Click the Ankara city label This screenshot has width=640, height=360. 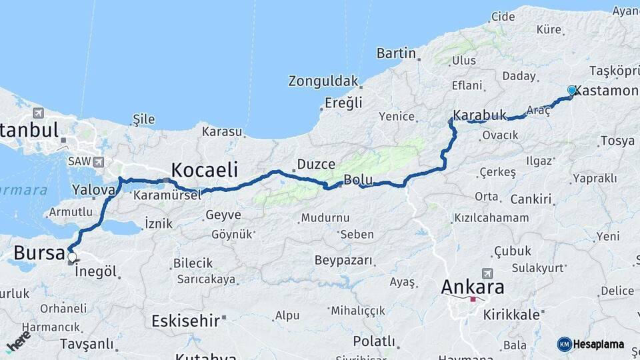click(473, 287)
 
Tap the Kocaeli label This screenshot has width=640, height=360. click(204, 169)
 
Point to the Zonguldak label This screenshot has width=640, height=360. click(323, 81)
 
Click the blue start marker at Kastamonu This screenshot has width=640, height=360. click(571, 90)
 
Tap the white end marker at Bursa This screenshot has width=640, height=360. click(72, 257)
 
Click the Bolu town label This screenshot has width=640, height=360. click(357, 179)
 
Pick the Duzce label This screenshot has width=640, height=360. click(311, 163)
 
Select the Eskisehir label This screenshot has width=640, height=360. click(185, 321)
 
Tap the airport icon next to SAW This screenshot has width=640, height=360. click(99, 161)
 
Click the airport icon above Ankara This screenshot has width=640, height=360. click(487, 273)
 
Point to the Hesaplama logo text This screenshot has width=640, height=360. click(598, 344)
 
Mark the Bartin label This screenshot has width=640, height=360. click(396, 53)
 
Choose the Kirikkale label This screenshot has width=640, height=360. click(511, 315)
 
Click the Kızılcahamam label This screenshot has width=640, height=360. click(491, 218)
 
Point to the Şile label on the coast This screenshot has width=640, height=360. click(144, 119)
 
